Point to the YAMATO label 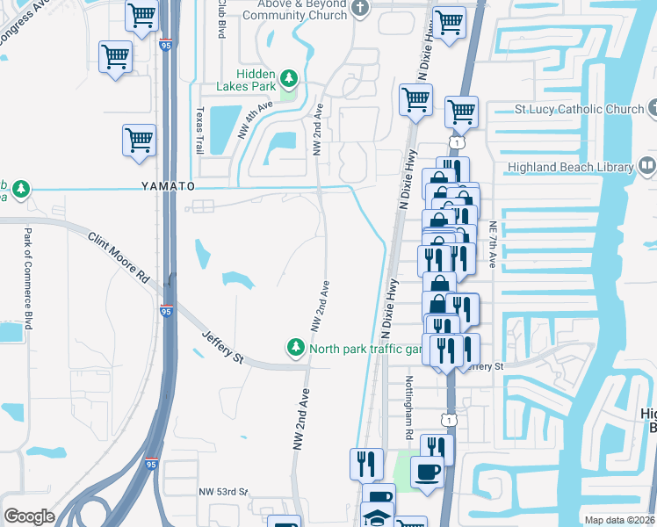pyautogui.click(x=168, y=187)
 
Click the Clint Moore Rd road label pyautogui.click(x=119, y=256)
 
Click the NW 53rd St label pyautogui.click(x=225, y=492)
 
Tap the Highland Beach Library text pyautogui.click(x=569, y=167)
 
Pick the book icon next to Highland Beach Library pyautogui.click(x=646, y=166)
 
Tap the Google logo pyautogui.click(x=30, y=516)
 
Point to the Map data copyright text pyautogui.click(x=619, y=520)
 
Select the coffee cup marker pyautogui.click(x=427, y=472)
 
